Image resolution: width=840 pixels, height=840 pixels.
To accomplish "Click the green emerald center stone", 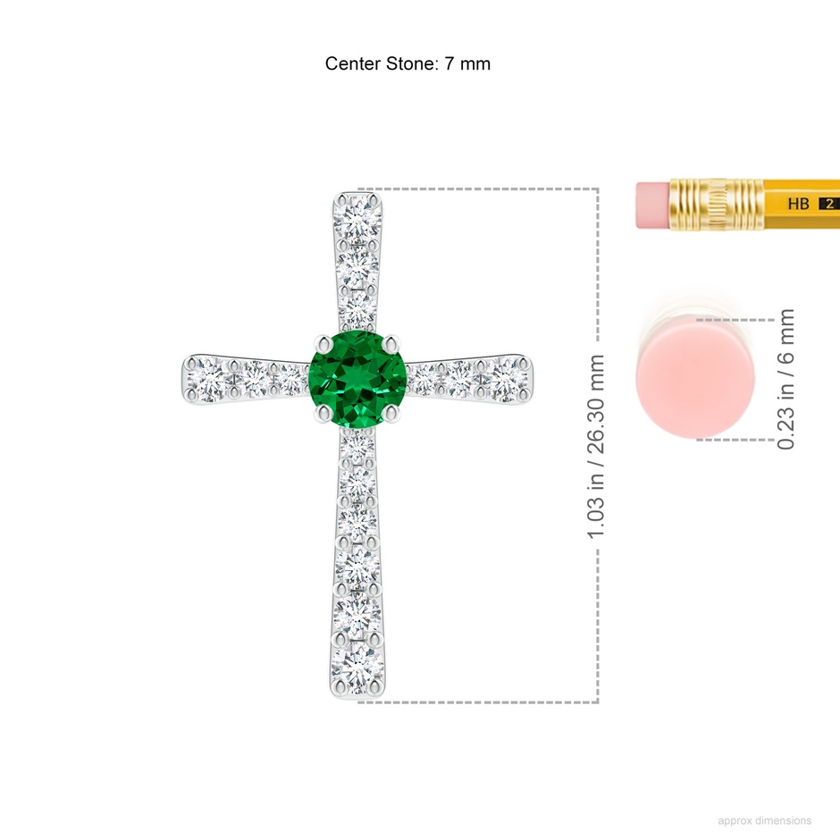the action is coord(357,379).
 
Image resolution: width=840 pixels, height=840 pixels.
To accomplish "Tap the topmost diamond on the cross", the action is coord(357,217).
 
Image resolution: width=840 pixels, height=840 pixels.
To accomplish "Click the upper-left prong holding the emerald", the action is coord(323,344).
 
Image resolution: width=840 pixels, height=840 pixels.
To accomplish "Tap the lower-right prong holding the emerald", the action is coord(392,413).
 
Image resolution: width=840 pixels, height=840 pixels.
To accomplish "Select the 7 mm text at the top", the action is coord(467,63).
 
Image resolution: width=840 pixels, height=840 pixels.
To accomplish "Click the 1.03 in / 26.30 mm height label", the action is coord(596,446).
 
